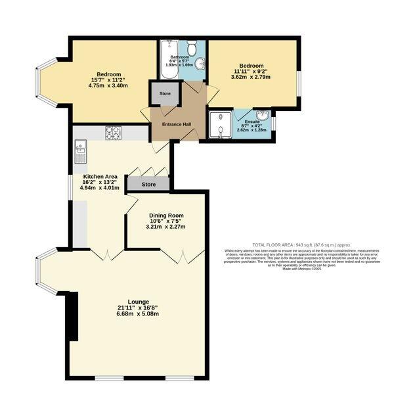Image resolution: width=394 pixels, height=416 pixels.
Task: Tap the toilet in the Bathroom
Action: click(191, 48)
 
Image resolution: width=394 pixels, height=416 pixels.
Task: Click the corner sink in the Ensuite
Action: click(263, 116)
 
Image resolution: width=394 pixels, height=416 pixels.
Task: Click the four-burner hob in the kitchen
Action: click(114, 132)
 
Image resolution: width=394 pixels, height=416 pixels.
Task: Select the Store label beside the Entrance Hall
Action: click(165, 94)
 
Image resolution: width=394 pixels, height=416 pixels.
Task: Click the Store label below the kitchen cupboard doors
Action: click(148, 185)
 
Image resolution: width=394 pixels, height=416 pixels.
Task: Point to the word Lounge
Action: click(138, 302)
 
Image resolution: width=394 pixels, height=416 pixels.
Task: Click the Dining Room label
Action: click(165, 215)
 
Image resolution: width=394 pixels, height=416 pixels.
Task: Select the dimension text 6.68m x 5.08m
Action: click(138, 313)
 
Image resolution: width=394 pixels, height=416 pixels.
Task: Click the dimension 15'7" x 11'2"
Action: click(108, 80)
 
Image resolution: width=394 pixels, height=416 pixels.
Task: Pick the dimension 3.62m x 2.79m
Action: click(252, 77)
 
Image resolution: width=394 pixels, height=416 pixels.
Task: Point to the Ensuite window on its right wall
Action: click(274, 122)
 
